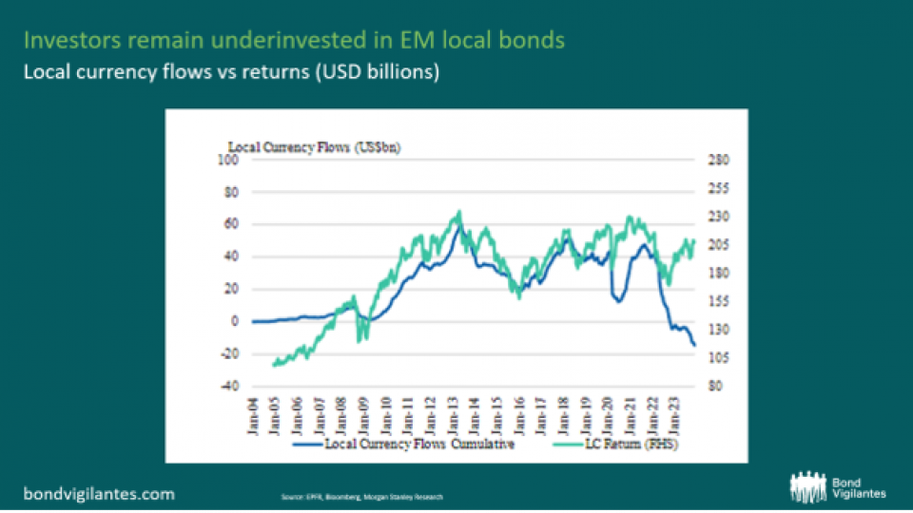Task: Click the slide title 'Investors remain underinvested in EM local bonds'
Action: coord(294,41)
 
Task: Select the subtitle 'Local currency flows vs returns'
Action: coord(232,72)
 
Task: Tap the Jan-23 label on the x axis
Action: coord(679,413)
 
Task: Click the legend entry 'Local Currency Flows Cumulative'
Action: coord(418,445)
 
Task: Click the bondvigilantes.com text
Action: coord(99,493)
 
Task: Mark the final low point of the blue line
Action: coord(694,345)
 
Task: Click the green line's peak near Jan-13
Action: coord(459,212)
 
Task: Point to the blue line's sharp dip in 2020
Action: coord(618,301)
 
